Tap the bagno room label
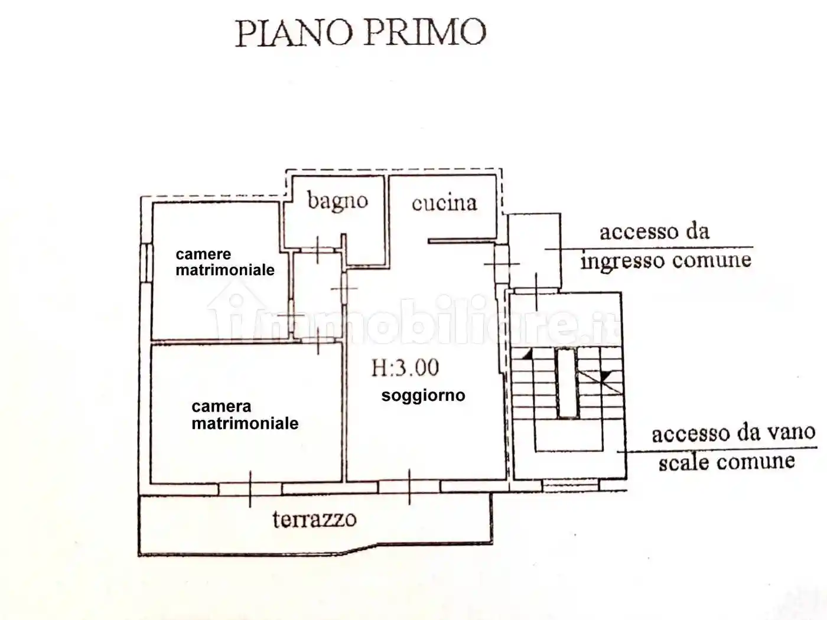tap(337, 201)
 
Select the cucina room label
tap(444, 203)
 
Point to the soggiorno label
tap(423, 396)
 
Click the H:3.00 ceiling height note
tap(405, 368)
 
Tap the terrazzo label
tap(314, 519)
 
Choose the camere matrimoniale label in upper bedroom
tap(224, 262)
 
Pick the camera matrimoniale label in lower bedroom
tap(245, 415)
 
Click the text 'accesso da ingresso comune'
tap(665, 246)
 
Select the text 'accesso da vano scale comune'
tap(732, 447)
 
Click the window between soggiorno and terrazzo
tap(409, 487)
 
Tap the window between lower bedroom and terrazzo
tap(250, 488)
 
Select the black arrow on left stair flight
tap(526, 354)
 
